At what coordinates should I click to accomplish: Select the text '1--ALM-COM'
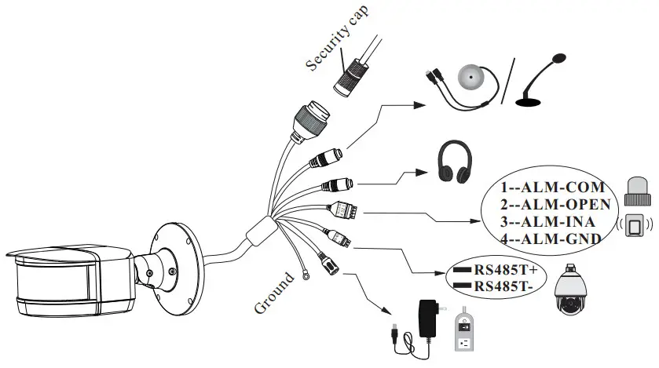552,188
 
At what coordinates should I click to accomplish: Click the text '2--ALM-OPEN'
555,205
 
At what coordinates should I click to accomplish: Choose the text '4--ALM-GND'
552,238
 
